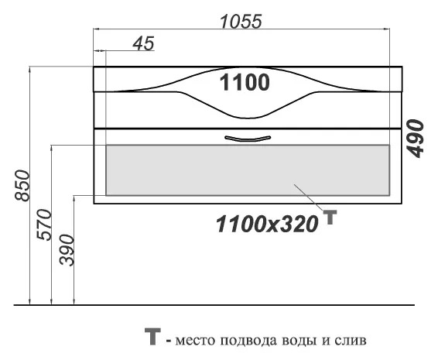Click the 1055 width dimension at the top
(x=241, y=21)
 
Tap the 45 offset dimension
(x=144, y=43)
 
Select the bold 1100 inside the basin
(x=245, y=82)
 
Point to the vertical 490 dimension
(x=416, y=139)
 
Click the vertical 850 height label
(x=22, y=186)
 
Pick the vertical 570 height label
(x=44, y=225)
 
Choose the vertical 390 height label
(x=67, y=250)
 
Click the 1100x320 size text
(x=267, y=224)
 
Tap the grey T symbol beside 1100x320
(x=330, y=218)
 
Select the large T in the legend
(x=152, y=336)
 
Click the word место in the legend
(x=195, y=341)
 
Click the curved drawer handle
(x=248, y=139)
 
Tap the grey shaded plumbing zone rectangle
(x=248, y=170)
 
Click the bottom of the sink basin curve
(x=247, y=118)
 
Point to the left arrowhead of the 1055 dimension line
(x=96, y=29)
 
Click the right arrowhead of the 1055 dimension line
(x=387, y=29)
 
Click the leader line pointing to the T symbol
(x=308, y=197)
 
